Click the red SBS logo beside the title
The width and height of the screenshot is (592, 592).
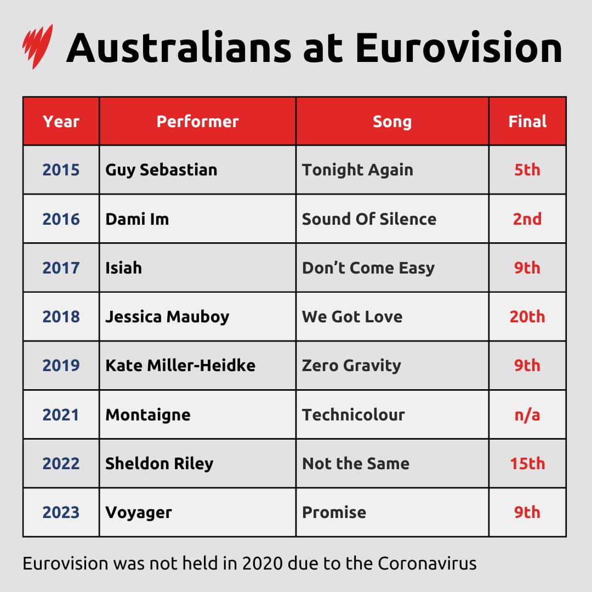[37, 46]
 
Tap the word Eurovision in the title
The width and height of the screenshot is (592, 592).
[458, 48]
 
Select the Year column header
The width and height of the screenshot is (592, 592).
[61, 121]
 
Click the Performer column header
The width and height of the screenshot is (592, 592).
[197, 121]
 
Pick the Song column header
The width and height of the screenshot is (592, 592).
[392, 121]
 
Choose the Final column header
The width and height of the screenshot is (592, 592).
[527, 121]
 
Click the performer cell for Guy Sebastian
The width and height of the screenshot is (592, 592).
[161, 170]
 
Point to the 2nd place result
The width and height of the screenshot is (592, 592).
[527, 219]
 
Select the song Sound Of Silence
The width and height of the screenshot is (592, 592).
[369, 219]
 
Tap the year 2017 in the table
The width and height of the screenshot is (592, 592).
[61, 267]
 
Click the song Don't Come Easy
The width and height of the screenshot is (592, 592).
[368, 267]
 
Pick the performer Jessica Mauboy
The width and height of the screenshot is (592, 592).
[167, 316]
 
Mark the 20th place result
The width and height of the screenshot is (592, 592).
[527, 316]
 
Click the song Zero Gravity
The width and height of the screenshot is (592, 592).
[351, 365]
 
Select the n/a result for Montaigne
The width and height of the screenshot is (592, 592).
[527, 414]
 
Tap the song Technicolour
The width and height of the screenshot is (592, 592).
[353, 414]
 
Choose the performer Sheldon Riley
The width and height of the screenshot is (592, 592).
[159, 463]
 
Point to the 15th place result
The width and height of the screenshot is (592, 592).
[527, 463]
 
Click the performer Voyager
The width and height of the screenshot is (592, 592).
[139, 512]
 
